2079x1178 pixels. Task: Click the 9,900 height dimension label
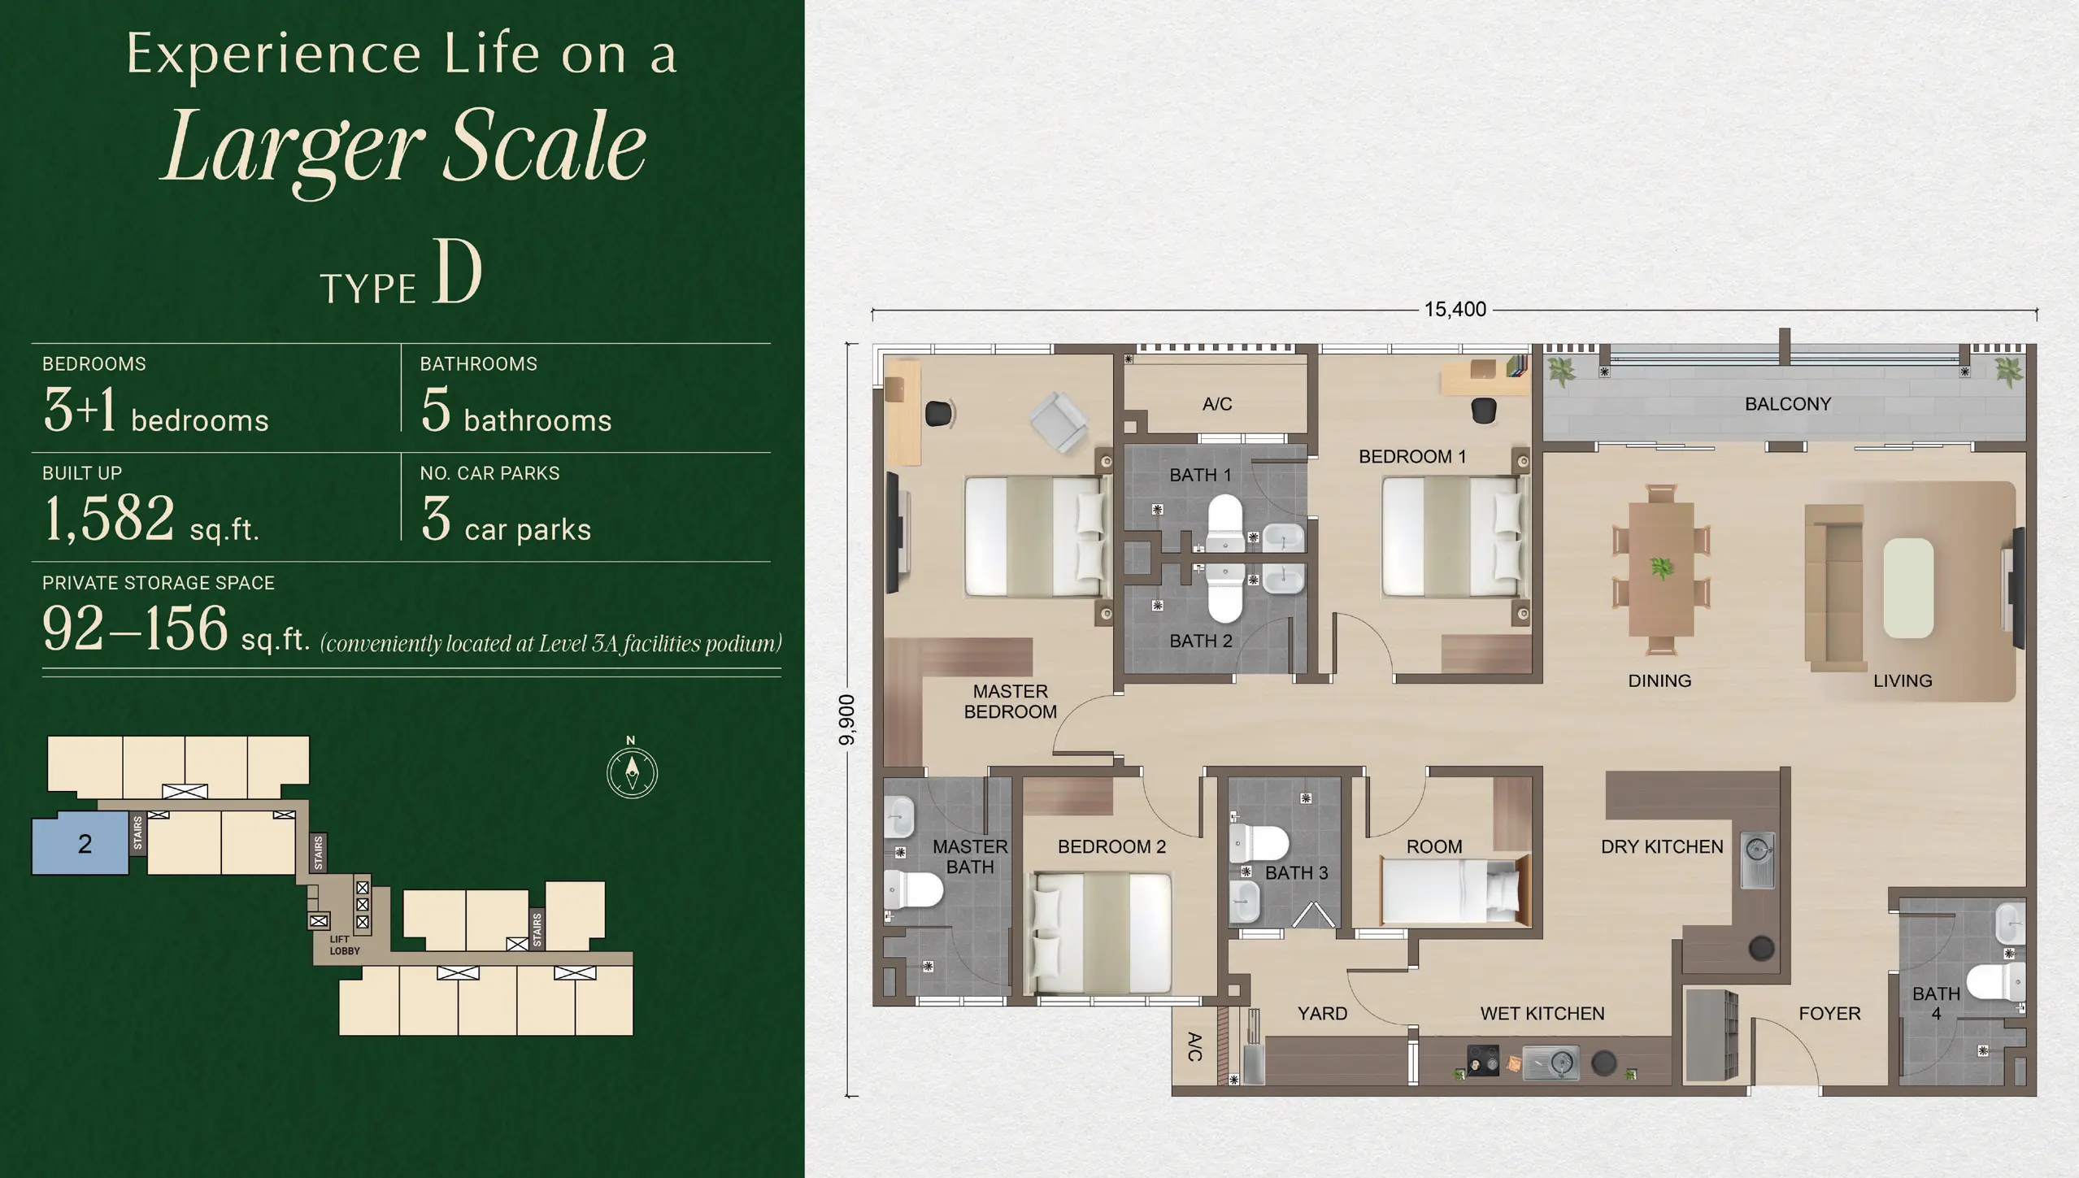click(x=847, y=720)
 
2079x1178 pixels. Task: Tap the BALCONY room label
click(x=1787, y=404)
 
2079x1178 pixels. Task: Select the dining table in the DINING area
click(x=1661, y=569)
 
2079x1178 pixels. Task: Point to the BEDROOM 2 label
click(x=1111, y=847)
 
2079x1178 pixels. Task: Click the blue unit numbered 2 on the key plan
click(x=81, y=844)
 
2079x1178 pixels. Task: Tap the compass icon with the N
click(x=632, y=772)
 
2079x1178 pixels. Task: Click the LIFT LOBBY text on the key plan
click(x=344, y=945)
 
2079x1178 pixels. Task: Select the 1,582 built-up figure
click(x=109, y=519)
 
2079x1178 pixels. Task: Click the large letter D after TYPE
click(x=458, y=273)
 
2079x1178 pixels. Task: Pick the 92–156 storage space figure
click(x=135, y=628)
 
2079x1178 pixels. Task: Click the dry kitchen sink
click(x=1756, y=859)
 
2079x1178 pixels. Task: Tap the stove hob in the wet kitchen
click(x=1482, y=1062)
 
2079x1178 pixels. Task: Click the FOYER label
click(x=1829, y=1014)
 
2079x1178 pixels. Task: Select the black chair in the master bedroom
click(x=939, y=413)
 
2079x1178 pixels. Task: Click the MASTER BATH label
click(x=969, y=857)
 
